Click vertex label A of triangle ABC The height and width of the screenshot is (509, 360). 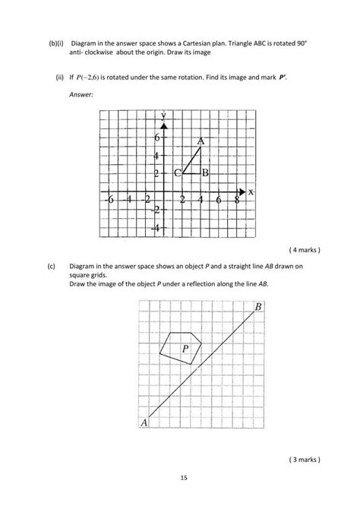(201, 141)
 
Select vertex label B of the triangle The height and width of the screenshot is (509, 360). (205, 173)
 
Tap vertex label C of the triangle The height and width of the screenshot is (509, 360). (177, 173)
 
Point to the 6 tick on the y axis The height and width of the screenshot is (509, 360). (156, 139)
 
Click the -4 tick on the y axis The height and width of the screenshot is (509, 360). (154, 227)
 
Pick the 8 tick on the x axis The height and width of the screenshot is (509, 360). (237, 200)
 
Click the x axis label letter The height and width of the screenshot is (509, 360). (250, 193)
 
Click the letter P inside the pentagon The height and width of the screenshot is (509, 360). (185, 348)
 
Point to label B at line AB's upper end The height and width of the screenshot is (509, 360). (258, 307)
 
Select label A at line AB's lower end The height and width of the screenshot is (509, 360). (144, 424)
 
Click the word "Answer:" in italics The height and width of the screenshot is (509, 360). (81, 94)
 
